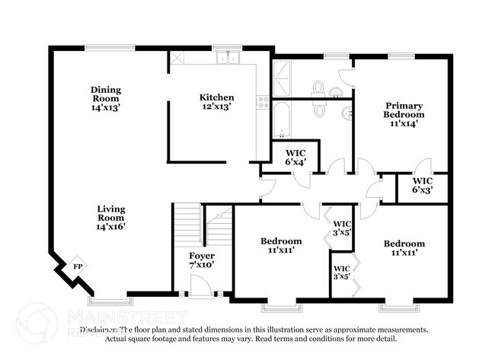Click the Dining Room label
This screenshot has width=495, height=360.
106,97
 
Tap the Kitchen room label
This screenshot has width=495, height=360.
216,102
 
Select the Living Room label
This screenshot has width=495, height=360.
111,217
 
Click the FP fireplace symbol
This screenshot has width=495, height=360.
77,266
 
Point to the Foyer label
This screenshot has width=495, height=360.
202,260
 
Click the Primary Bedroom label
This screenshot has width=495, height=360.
404,113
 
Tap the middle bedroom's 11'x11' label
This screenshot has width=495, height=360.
281,246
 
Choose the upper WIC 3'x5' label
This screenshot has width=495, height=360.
342,228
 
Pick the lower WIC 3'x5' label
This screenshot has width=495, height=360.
342,272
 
